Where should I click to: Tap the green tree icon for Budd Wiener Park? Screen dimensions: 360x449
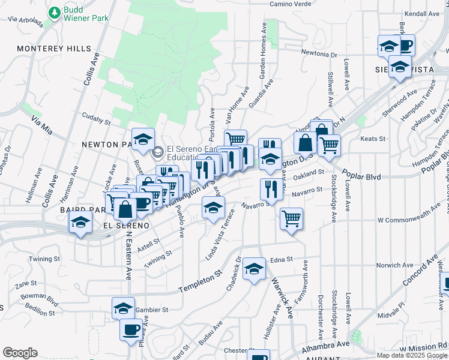55,12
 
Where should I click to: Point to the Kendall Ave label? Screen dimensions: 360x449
423,13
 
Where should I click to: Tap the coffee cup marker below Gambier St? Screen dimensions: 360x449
131,328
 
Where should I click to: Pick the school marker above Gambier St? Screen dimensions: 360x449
123,308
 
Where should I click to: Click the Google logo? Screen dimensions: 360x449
20,353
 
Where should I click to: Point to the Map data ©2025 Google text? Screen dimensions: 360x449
412,355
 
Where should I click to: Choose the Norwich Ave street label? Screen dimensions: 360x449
393,265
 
